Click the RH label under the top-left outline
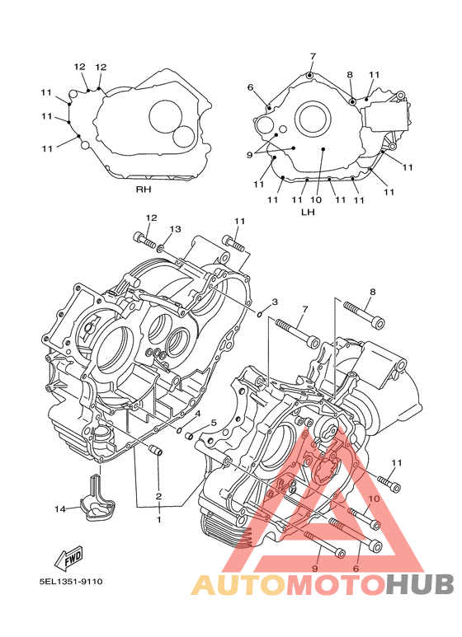tap(144, 190)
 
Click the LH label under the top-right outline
tap(308, 212)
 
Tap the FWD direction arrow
tap(68, 556)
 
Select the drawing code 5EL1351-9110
tap(71, 581)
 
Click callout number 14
tap(59, 508)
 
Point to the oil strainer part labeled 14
tap(97, 498)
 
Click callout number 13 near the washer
tap(175, 230)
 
